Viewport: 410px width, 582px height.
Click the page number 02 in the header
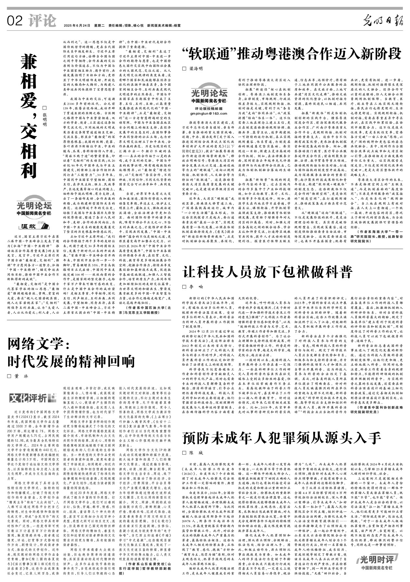(15, 21)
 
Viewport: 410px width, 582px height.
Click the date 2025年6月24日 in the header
(77, 25)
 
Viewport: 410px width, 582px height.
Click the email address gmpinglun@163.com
(209, 114)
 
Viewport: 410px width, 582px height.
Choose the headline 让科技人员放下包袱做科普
(268, 272)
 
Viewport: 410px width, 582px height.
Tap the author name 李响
(196, 287)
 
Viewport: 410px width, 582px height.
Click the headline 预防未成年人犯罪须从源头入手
(281, 438)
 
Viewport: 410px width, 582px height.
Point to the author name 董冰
(21, 376)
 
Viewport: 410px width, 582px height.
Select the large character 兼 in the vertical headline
(29, 63)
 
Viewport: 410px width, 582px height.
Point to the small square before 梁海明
(184, 69)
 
